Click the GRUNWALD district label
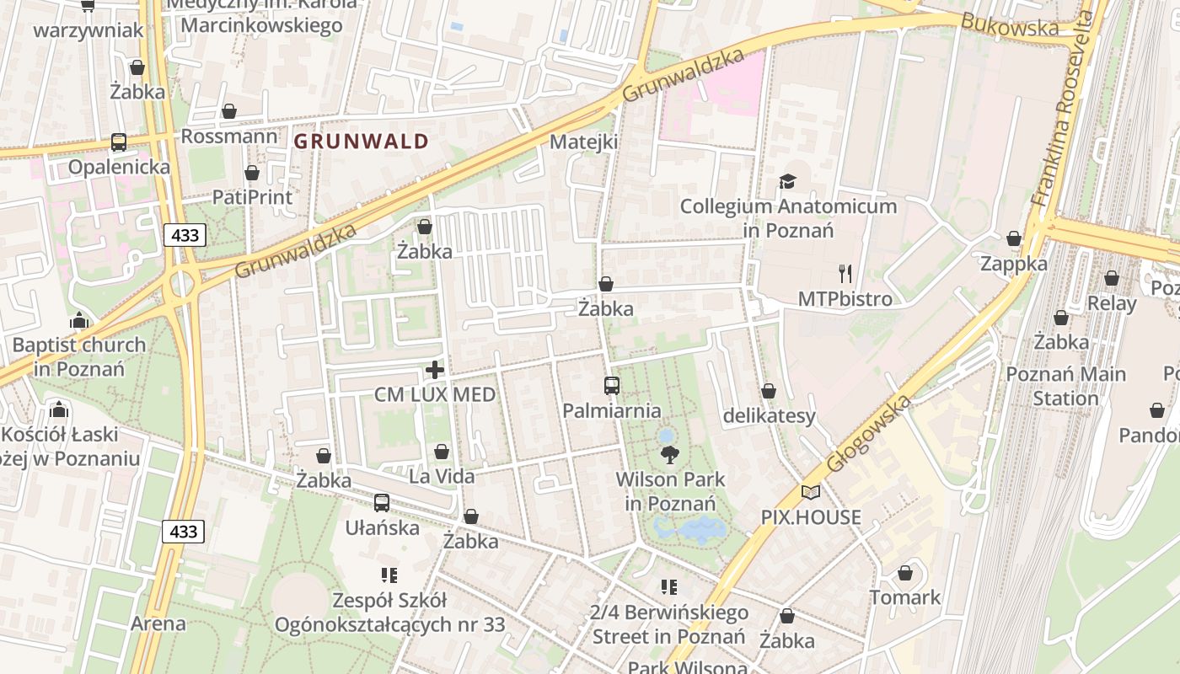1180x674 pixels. pyautogui.click(x=362, y=142)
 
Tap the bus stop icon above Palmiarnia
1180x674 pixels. pyautogui.click(x=612, y=386)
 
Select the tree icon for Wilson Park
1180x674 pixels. pyautogui.click(x=670, y=455)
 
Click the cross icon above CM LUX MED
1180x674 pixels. pyautogui.click(x=435, y=369)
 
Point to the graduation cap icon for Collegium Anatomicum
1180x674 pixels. pyautogui.click(x=787, y=181)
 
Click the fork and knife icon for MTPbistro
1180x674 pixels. pyautogui.click(x=845, y=273)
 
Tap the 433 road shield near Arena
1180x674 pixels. pyautogui.click(x=183, y=531)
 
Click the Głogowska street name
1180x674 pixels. pyautogui.click(x=868, y=434)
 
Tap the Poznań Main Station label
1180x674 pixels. pyautogui.click(x=1065, y=386)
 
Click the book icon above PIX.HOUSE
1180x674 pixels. pyautogui.click(x=810, y=492)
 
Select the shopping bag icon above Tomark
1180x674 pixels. pyautogui.click(x=905, y=573)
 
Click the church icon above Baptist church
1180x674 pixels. pyautogui.click(x=79, y=320)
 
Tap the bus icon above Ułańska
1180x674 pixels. pyautogui.click(x=382, y=503)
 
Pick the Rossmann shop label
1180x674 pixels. pyautogui.click(x=228, y=136)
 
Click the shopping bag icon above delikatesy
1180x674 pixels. pyautogui.click(x=769, y=391)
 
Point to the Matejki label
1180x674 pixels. pyautogui.click(x=583, y=142)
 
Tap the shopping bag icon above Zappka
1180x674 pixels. pyautogui.click(x=1014, y=239)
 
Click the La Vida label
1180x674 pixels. pyautogui.click(x=441, y=477)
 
